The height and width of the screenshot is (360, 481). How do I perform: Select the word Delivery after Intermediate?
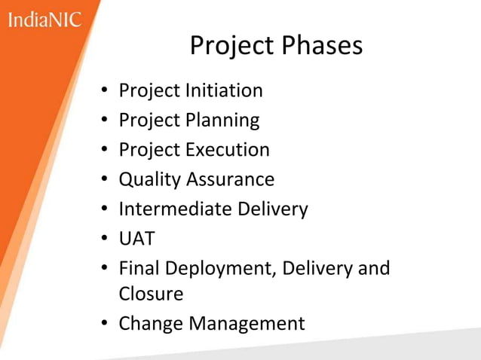pos(273,209)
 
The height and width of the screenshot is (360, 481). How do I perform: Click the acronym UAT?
pos(136,239)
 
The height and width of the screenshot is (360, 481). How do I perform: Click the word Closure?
pos(151,292)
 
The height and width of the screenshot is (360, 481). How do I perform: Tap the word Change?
pos(151,324)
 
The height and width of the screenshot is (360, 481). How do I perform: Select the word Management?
pos(247,324)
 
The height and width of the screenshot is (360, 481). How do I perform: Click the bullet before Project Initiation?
pos(106,92)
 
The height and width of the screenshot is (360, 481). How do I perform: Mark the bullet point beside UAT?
pos(106,239)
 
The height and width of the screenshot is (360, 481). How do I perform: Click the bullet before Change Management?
pos(106,325)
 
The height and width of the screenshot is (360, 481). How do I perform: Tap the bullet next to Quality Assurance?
pos(106,181)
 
